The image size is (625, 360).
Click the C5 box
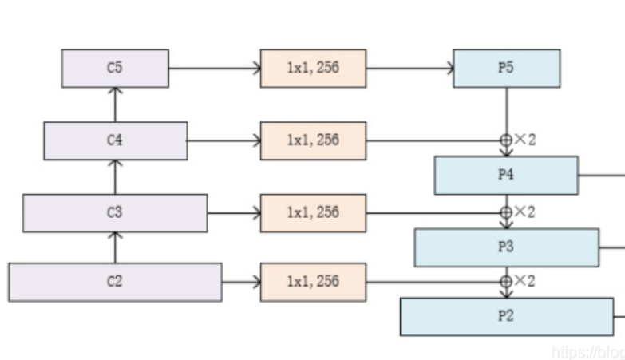click(x=115, y=69)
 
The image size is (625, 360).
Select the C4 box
click(x=115, y=140)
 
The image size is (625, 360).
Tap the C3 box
click(x=115, y=213)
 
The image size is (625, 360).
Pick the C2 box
click(x=115, y=282)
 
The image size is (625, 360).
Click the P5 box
click(x=506, y=69)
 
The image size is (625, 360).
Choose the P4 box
click(x=506, y=176)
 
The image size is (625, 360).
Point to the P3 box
click(x=506, y=247)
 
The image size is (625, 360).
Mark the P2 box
click(x=506, y=316)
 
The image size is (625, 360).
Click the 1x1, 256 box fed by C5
click(x=313, y=69)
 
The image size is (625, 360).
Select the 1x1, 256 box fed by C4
click(x=313, y=140)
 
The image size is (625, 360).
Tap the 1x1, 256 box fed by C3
click(x=313, y=213)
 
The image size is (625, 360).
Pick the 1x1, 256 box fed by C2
click(x=313, y=282)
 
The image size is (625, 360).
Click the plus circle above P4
click(x=505, y=140)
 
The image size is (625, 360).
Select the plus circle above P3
click(x=505, y=212)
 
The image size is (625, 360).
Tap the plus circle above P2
click(x=505, y=281)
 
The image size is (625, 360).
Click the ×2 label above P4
click(x=525, y=140)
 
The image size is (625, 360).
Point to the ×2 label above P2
click(x=525, y=281)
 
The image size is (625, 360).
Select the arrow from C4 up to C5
click(x=115, y=105)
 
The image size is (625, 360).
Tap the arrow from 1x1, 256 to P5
click(x=409, y=69)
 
